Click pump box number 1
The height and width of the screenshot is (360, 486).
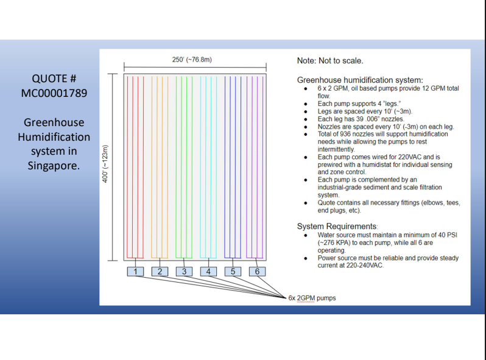(135, 271)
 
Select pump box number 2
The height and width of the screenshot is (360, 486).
(160, 271)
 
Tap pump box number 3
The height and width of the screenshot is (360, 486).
(184, 271)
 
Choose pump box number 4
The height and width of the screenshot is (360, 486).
(208, 271)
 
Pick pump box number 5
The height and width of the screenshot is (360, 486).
(233, 271)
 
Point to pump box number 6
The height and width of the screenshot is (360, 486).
(257, 271)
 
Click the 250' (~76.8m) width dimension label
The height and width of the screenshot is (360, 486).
(192, 60)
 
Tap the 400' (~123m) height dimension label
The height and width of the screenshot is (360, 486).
(105, 164)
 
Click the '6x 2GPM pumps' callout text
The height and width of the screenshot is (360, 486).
(312, 298)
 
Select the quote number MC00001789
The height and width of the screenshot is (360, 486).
(54, 93)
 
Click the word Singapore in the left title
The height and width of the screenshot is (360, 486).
(54, 166)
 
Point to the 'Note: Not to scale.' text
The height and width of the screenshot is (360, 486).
(330, 60)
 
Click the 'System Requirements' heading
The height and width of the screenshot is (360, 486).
(337, 226)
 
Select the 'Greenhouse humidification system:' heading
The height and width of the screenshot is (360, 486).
(360, 80)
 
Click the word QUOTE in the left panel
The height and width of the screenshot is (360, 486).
(46, 79)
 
